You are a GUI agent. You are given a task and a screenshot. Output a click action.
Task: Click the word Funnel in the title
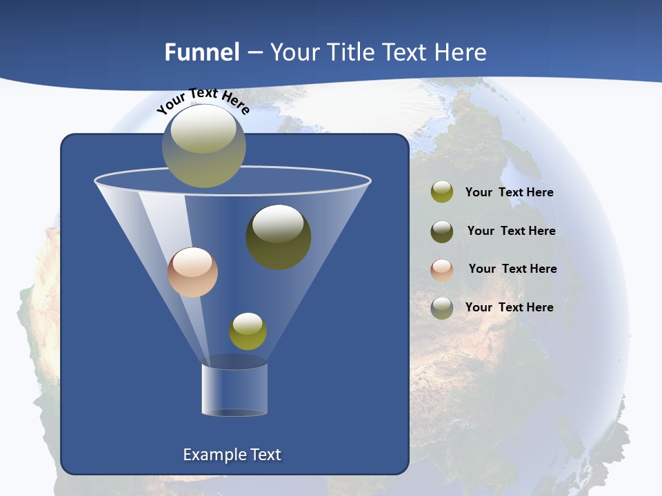(x=201, y=52)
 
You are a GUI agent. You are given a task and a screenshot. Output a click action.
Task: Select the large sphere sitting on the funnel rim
(x=203, y=146)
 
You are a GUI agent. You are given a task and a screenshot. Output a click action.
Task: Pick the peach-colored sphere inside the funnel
(x=192, y=272)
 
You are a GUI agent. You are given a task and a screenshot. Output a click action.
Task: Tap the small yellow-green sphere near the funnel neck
(x=248, y=331)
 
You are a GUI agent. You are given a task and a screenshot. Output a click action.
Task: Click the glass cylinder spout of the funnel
(x=234, y=389)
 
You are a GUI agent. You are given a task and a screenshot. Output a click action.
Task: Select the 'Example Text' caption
(x=232, y=455)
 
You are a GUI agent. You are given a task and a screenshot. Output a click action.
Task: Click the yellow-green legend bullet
(x=442, y=192)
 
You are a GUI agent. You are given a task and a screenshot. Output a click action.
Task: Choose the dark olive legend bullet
(x=442, y=231)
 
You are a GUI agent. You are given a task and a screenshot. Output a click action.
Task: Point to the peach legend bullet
(x=442, y=269)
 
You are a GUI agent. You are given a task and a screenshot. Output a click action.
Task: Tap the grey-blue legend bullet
(x=442, y=307)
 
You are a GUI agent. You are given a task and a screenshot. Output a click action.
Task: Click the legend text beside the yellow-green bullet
(x=509, y=193)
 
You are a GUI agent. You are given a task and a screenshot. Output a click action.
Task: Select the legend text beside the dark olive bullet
(x=511, y=231)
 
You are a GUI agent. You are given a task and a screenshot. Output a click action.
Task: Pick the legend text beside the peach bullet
(x=512, y=269)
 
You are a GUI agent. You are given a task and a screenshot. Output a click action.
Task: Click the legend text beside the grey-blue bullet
(x=509, y=307)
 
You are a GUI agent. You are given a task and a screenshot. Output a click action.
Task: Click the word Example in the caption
(x=212, y=455)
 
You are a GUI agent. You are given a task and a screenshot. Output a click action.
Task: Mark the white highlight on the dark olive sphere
(x=278, y=223)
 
